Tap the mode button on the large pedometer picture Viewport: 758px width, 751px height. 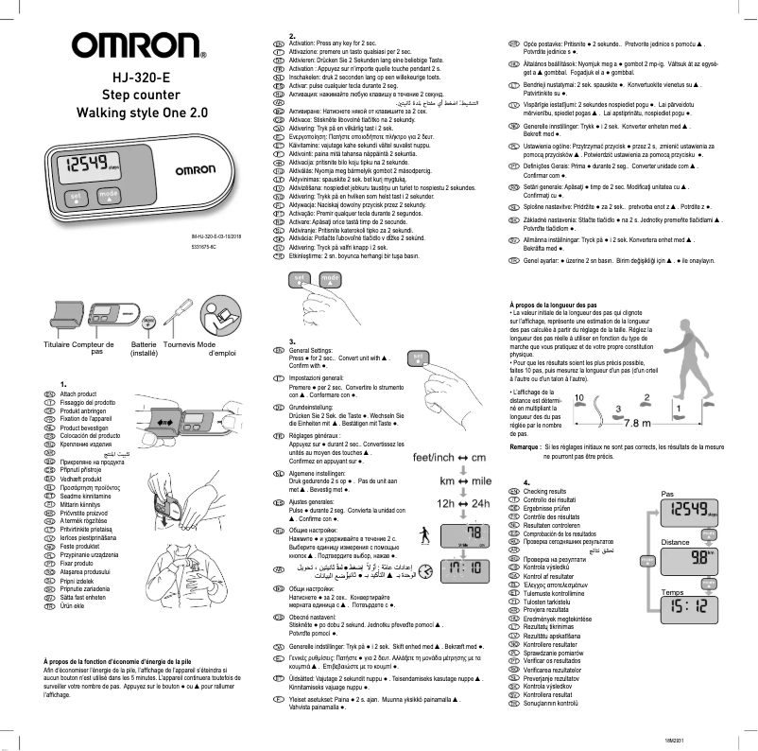point(110,195)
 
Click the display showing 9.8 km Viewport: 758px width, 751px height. point(690,560)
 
